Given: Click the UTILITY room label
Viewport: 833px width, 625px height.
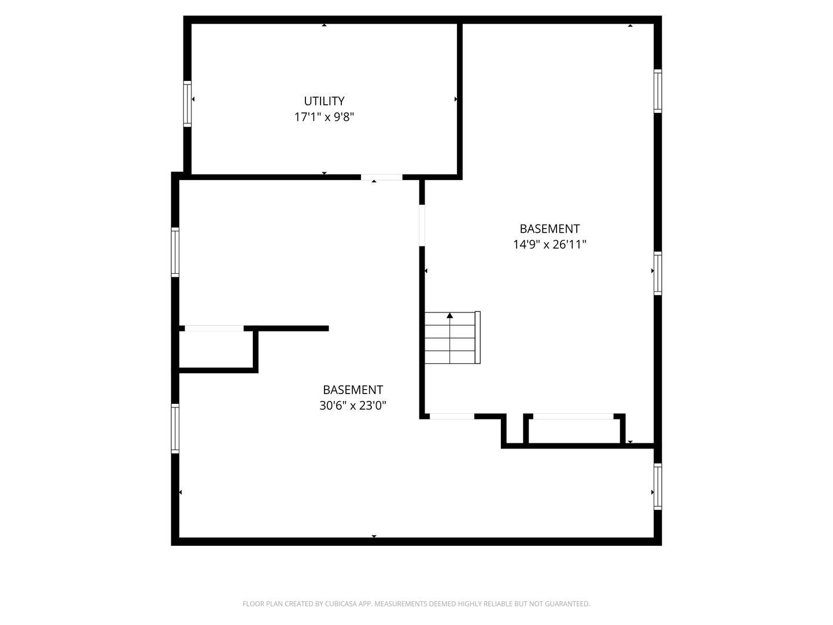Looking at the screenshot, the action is pyautogui.click(x=324, y=101).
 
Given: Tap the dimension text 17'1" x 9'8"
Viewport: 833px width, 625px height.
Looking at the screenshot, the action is pyautogui.click(x=324, y=117).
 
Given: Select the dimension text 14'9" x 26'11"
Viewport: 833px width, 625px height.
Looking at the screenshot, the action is pyautogui.click(x=550, y=244).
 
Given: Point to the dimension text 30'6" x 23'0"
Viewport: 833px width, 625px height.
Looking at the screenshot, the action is pyautogui.click(x=352, y=406).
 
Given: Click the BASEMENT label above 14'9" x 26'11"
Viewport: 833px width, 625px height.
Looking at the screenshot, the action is pyautogui.click(x=550, y=229).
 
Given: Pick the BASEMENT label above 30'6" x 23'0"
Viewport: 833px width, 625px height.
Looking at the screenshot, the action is pyautogui.click(x=352, y=389).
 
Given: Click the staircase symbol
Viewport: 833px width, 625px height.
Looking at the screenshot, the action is pyautogui.click(x=452, y=338).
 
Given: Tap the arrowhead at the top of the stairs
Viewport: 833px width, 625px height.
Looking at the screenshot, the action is pyautogui.click(x=449, y=315).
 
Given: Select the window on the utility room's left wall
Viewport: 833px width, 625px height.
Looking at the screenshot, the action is pyautogui.click(x=187, y=104).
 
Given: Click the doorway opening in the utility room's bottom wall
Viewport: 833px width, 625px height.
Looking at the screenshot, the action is pyautogui.click(x=381, y=177).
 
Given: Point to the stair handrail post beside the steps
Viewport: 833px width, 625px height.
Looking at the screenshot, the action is pyautogui.click(x=478, y=338).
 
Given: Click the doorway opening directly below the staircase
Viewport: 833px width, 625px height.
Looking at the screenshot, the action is pyautogui.click(x=452, y=416).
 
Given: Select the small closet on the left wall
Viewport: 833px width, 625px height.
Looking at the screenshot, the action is pyautogui.click(x=216, y=349).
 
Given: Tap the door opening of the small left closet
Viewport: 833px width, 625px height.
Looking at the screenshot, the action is pyautogui.click(x=214, y=328).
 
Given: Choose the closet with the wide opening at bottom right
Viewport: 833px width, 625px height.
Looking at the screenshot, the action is pyautogui.click(x=574, y=431).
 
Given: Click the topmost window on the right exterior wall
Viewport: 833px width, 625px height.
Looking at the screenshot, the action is pyautogui.click(x=658, y=91).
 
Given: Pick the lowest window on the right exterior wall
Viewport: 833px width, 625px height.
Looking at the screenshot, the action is pyautogui.click(x=658, y=487).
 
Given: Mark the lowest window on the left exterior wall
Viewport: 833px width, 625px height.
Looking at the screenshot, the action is pyautogui.click(x=175, y=429).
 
